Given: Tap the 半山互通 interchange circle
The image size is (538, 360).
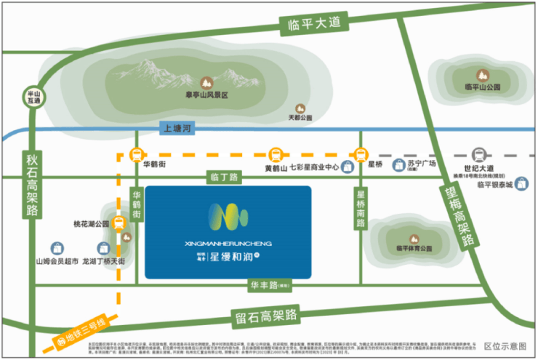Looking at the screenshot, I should [32, 97].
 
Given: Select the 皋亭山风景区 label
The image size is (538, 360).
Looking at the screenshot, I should [206, 95].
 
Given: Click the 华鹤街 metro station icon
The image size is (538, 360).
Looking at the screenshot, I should [136, 155].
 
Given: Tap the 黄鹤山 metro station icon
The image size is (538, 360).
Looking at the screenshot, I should [275, 155].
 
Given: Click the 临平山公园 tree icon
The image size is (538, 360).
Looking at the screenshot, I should [481, 74].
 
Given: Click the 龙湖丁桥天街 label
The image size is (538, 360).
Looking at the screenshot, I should [104, 260].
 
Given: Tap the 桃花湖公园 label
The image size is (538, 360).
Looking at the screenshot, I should [90, 224].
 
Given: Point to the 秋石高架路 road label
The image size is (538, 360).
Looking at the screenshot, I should [31, 186].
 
